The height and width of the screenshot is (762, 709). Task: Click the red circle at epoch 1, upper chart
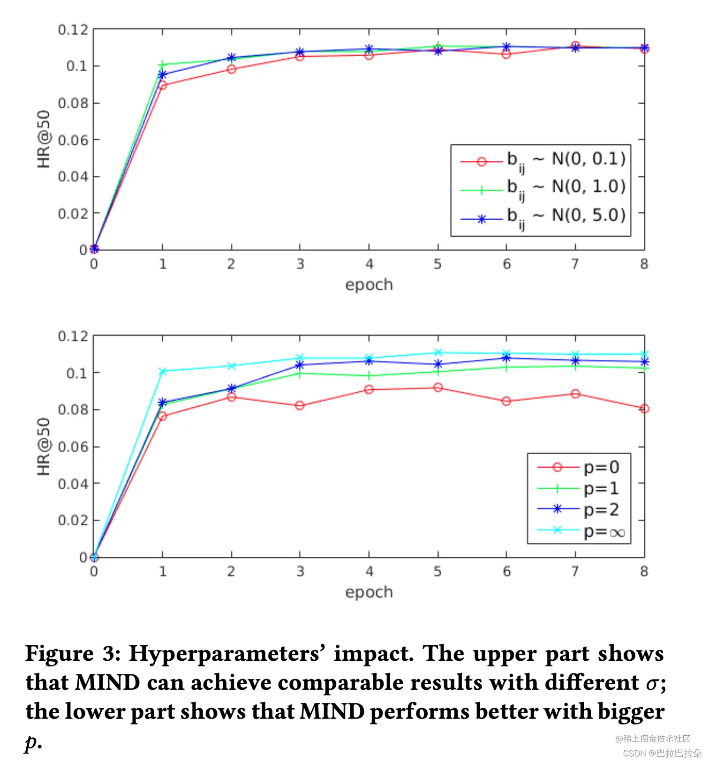[x=163, y=85]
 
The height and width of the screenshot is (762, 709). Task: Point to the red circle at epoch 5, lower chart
[x=438, y=388]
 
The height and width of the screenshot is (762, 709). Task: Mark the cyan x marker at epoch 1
[x=163, y=372]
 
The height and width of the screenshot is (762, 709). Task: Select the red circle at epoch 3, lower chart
[x=300, y=405]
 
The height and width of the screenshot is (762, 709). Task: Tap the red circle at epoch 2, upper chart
[x=231, y=69]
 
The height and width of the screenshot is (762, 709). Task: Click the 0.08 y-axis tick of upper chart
[x=73, y=103]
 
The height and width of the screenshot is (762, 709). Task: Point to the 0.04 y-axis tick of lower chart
[x=73, y=484]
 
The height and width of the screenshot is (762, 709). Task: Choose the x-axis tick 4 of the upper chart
[x=369, y=264]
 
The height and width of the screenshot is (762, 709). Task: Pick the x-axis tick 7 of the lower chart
[x=575, y=571]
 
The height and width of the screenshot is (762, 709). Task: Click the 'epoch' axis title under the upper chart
[x=369, y=285]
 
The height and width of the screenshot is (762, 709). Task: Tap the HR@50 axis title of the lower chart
[x=44, y=446]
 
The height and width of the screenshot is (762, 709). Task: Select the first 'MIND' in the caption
[x=107, y=682]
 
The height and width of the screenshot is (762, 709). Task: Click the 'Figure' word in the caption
[x=60, y=654]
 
